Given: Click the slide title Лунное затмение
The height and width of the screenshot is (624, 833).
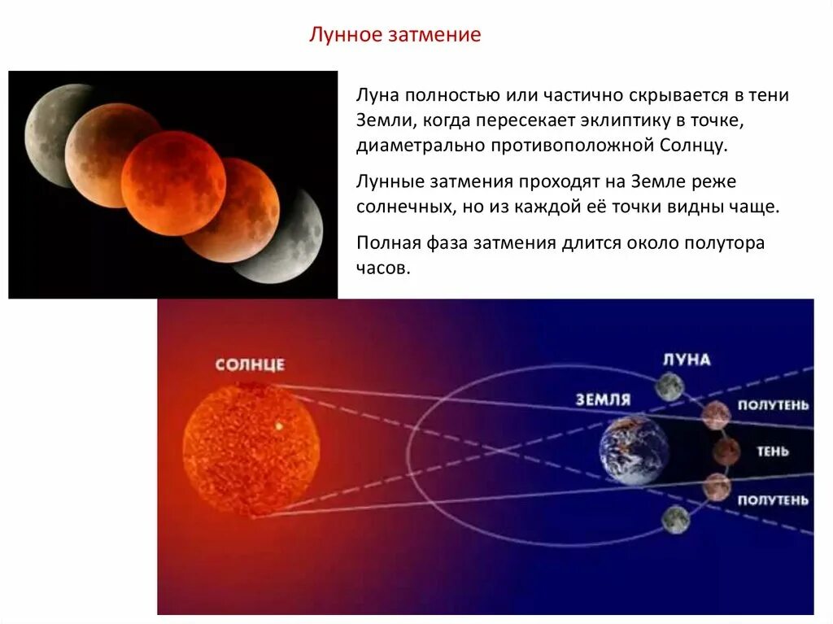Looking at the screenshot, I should pyautogui.click(x=395, y=35).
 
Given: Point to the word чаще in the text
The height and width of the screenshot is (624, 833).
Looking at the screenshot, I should pyautogui.click(x=753, y=206).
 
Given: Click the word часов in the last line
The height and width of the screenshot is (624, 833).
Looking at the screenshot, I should pyautogui.click(x=380, y=268).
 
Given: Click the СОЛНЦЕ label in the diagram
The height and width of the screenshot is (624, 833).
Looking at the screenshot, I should pyautogui.click(x=250, y=364).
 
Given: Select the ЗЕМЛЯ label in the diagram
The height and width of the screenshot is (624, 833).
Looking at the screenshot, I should pyautogui.click(x=603, y=399).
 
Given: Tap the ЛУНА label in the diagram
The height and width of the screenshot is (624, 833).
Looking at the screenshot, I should pyautogui.click(x=687, y=360).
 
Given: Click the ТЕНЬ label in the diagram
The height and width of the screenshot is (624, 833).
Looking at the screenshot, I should pyautogui.click(x=772, y=451).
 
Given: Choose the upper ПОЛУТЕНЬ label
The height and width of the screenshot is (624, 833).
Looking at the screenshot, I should pyautogui.click(x=773, y=404).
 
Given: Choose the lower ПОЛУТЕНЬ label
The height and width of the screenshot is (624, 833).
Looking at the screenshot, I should pyautogui.click(x=773, y=500).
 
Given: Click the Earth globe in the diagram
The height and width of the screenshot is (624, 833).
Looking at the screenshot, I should pyautogui.click(x=634, y=451).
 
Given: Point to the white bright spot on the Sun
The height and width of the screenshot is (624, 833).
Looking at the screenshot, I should pyautogui.click(x=280, y=425).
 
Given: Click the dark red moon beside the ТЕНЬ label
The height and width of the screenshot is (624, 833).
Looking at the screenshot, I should pyautogui.click(x=726, y=450).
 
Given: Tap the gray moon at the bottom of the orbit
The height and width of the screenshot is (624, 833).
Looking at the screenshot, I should pyautogui.click(x=675, y=518).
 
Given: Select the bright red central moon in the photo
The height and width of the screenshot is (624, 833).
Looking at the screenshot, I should pyautogui.click(x=173, y=182).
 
